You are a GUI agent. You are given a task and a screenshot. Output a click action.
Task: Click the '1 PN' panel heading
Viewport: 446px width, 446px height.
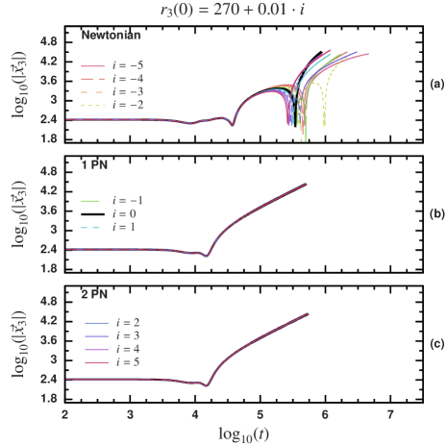94,165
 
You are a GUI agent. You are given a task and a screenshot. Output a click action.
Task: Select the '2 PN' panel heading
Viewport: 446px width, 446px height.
94,294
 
